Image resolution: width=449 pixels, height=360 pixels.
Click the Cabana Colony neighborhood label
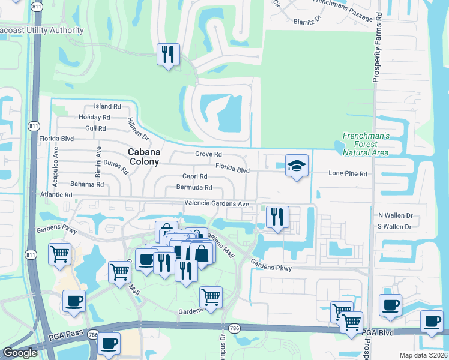tap(144, 157)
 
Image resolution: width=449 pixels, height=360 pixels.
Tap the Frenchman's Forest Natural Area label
tap(366, 144)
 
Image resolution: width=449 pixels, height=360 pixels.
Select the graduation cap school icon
tap(296, 166)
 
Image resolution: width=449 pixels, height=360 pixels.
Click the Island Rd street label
tap(107, 106)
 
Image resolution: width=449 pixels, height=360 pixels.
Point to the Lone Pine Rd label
tap(348, 173)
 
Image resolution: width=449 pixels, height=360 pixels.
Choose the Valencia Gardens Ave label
tap(216, 203)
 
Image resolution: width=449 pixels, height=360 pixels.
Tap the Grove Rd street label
tap(209, 154)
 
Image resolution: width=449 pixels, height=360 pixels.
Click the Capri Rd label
tap(195, 176)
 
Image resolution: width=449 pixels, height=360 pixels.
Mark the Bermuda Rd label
tap(194, 187)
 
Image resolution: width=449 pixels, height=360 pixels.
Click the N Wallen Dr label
tap(394, 215)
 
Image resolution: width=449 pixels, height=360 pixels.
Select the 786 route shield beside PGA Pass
tap(92, 334)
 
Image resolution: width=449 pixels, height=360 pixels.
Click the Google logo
tap(19, 353)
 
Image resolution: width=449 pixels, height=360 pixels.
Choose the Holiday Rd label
tap(94, 118)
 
